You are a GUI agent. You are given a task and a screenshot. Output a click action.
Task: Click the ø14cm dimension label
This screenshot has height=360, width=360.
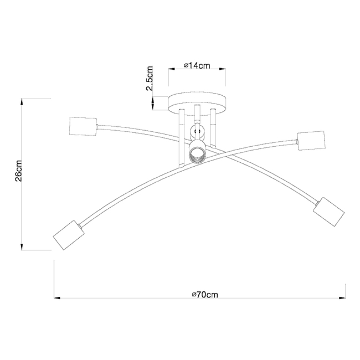[x=198, y=66]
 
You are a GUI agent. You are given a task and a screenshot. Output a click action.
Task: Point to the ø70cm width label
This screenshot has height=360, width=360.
[x=200, y=294]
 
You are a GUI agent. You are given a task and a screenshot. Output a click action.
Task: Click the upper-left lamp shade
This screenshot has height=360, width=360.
[x=82, y=126]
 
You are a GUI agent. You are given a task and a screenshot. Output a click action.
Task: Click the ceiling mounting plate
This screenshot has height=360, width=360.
[x=198, y=104]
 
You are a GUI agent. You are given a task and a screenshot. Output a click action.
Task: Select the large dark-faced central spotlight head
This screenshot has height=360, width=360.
[x=197, y=155]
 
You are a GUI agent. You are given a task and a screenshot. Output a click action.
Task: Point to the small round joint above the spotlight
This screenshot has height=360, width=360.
[x=197, y=132]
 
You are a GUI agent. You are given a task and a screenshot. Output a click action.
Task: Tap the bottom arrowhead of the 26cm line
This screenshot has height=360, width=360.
[x=22, y=246]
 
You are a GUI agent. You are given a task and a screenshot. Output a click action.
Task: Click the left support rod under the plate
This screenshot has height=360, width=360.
[x=181, y=138]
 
